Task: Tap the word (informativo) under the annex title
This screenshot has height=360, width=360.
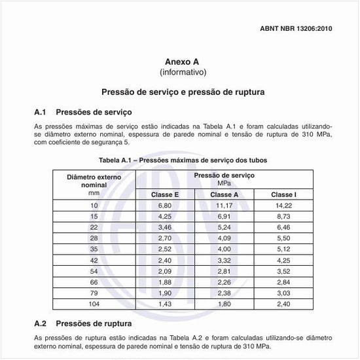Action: (x=183, y=71)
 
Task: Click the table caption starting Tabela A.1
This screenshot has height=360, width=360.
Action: (x=183, y=160)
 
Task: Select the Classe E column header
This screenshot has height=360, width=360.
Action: (x=164, y=194)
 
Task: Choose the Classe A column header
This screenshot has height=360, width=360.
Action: (x=224, y=194)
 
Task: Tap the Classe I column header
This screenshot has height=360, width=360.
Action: (x=283, y=194)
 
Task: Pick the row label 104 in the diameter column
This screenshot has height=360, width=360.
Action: (x=94, y=304)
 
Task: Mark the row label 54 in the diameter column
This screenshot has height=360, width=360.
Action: (x=94, y=270)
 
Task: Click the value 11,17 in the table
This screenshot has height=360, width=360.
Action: (x=224, y=206)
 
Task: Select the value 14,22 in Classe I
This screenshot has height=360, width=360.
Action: (x=283, y=206)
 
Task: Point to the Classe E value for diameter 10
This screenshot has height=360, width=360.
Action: (x=164, y=206)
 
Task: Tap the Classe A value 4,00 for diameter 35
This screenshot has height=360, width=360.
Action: (x=224, y=249)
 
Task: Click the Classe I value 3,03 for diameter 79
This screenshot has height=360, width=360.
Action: (x=283, y=293)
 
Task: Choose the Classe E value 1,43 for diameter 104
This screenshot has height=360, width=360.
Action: (x=164, y=304)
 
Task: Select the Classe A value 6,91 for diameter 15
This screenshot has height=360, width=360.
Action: (x=224, y=216)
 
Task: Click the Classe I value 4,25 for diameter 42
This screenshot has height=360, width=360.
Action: (x=283, y=260)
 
